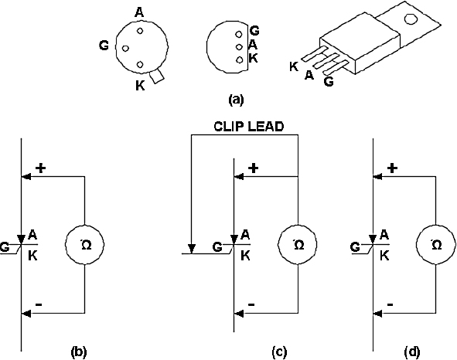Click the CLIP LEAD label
[249, 127]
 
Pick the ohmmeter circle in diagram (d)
[435, 225]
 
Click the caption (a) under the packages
[236, 100]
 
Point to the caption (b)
[79, 352]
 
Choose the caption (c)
[279, 352]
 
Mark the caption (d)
[412, 352]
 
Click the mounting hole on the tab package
[411, 19]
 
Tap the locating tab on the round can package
[157, 76]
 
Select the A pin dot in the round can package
[140, 31]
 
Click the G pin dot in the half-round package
[239, 34]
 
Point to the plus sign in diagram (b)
[41, 168]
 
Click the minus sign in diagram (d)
[390, 304]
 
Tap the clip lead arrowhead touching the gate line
[191, 249]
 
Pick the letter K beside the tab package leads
[294, 66]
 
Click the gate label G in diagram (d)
[356, 247]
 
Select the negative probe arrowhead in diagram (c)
[239, 314]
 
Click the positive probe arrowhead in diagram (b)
[26, 176]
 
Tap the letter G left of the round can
[104, 46]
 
